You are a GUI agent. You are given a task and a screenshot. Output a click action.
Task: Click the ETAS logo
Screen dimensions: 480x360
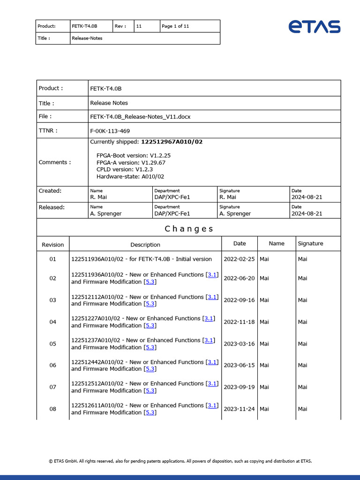(x=314, y=27)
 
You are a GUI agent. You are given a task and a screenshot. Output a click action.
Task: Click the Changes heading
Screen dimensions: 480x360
(x=189, y=229)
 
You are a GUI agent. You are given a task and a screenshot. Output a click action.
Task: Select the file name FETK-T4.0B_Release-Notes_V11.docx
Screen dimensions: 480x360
(x=140, y=116)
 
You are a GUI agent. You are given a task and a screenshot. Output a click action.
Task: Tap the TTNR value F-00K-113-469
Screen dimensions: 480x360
(x=110, y=131)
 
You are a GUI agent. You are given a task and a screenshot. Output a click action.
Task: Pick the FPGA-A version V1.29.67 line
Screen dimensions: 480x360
(x=131, y=162)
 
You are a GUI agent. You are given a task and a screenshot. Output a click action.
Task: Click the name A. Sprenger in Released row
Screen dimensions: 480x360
(x=106, y=213)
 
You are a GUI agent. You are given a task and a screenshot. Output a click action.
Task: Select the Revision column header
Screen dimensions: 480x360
(x=53, y=244)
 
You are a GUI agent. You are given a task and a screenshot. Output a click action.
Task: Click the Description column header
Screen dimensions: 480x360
(x=145, y=244)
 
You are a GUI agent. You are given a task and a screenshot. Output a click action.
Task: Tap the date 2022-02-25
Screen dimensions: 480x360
(x=239, y=259)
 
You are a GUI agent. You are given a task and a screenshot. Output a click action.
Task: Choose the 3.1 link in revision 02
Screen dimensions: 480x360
(x=212, y=275)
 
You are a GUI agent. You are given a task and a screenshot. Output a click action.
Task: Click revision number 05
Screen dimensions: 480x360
(x=53, y=344)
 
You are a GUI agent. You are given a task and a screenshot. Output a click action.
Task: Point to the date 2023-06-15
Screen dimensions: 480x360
(x=239, y=365)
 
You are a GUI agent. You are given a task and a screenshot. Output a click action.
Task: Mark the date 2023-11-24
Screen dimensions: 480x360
(x=239, y=409)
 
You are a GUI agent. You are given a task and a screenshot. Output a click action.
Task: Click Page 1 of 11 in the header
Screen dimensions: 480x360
(x=175, y=26)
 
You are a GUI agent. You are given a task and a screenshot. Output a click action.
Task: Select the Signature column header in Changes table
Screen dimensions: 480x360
(x=310, y=243)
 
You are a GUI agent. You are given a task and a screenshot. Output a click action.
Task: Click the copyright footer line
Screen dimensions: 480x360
(x=180, y=461)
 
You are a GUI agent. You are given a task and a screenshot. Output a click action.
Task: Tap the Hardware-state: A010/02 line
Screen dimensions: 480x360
(x=130, y=176)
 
